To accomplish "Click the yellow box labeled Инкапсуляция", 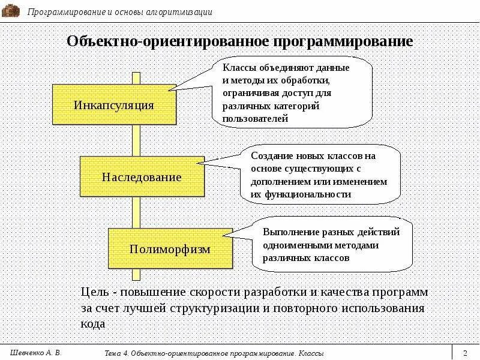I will (x=114, y=105).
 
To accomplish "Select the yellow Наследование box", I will (x=142, y=177).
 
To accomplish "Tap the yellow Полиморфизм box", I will (x=170, y=248).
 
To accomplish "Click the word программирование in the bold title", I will (x=344, y=42).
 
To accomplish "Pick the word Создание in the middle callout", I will (x=270, y=155).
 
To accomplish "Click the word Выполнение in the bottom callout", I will (x=289, y=232).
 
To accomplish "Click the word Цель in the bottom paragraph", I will (x=94, y=292).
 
